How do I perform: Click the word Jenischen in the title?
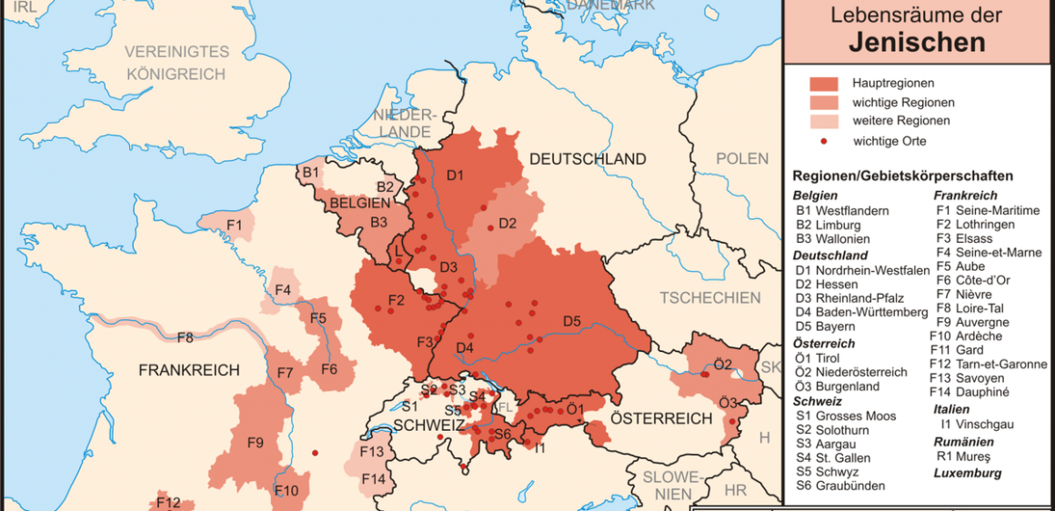pyautogui.click(x=917, y=42)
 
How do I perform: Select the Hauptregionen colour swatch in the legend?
pyautogui.click(x=823, y=84)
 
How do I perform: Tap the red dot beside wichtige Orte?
pyautogui.click(x=823, y=141)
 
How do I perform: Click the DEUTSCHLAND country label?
pyautogui.click(x=588, y=159)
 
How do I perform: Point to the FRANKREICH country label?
pyautogui.click(x=189, y=370)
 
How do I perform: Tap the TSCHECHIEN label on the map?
pyautogui.click(x=710, y=297)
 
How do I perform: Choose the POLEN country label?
pyautogui.click(x=741, y=159)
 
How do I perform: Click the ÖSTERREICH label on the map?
pyautogui.click(x=661, y=419)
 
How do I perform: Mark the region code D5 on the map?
pyautogui.click(x=571, y=321)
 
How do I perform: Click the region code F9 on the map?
pyautogui.click(x=255, y=443)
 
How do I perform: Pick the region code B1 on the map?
pyautogui.click(x=310, y=172)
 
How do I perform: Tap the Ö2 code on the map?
pyautogui.click(x=723, y=364)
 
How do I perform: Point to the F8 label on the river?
pyautogui.click(x=185, y=337)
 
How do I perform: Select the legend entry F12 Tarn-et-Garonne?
pyautogui.click(x=988, y=364)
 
